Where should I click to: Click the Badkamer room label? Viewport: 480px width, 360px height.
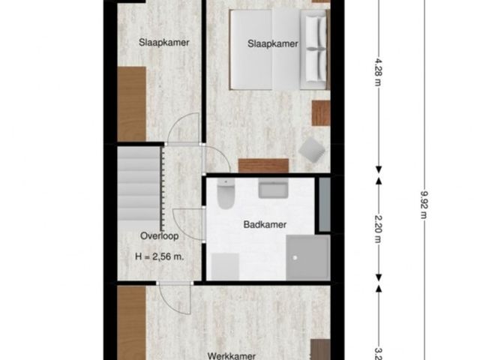[x=265, y=224]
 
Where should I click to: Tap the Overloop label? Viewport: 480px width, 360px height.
[x=158, y=235]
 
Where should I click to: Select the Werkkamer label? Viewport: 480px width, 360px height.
[x=232, y=355]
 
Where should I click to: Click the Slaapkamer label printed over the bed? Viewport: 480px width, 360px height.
[x=273, y=44]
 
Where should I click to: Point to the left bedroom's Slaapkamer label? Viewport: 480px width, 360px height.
[x=163, y=42]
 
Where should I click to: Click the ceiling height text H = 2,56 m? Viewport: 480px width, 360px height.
[x=160, y=256]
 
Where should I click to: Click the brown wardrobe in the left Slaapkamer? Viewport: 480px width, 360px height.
[x=131, y=103]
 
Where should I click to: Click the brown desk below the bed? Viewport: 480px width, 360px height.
[x=262, y=165]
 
